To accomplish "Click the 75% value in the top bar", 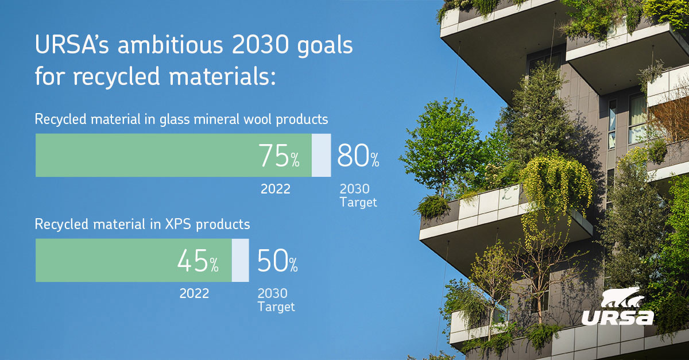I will [x=278, y=156].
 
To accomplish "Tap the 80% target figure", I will [x=358, y=156].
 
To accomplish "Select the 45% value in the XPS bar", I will [x=198, y=261].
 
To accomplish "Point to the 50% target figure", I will [x=277, y=261].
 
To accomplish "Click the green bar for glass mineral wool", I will [x=144, y=156].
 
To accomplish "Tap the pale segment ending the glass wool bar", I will [x=322, y=156].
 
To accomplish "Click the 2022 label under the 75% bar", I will [x=276, y=189].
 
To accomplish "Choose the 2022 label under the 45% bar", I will [x=194, y=294].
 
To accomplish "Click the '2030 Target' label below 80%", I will [x=357, y=196].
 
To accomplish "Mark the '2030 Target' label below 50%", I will [x=276, y=300].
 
